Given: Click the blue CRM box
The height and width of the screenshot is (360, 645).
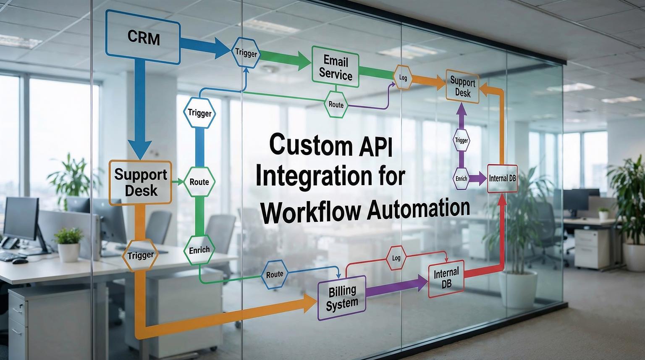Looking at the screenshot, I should pyautogui.click(x=143, y=38).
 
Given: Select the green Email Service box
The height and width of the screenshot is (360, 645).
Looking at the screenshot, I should pyautogui.click(x=335, y=68).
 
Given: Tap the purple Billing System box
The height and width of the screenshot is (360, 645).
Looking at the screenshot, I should pyautogui.click(x=342, y=297).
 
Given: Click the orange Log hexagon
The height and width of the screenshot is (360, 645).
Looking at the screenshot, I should pyautogui.click(x=402, y=78).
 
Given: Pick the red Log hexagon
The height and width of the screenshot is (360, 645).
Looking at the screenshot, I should pyautogui.click(x=396, y=258).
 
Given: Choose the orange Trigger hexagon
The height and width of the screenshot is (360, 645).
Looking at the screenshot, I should pyautogui.click(x=140, y=255).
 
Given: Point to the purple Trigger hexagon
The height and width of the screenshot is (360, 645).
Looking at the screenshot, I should pyautogui.click(x=461, y=140).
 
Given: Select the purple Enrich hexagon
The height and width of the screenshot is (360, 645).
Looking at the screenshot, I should pyautogui.click(x=461, y=178).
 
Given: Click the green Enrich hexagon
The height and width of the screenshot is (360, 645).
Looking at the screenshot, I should pyautogui.click(x=199, y=250).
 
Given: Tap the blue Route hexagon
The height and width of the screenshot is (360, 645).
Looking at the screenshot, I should pyautogui.click(x=275, y=274).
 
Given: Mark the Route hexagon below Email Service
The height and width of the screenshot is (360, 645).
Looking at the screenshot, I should pyautogui.click(x=336, y=104).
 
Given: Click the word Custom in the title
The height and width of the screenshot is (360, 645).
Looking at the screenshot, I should pyautogui.click(x=310, y=145).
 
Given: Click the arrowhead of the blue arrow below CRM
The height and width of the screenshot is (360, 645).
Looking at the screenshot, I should pyautogui.click(x=140, y=149).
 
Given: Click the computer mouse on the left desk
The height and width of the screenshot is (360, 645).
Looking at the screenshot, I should pyautogui.click(x=20, y=261).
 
